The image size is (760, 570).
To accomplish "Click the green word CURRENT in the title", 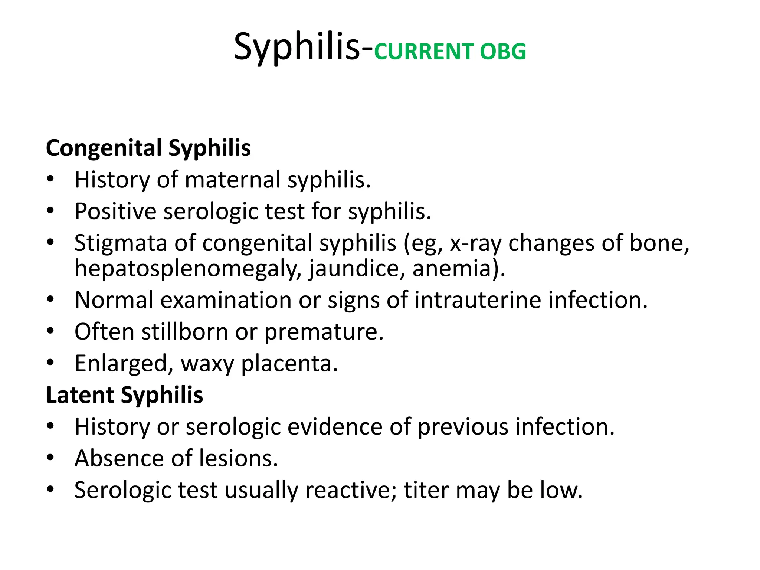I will pyautogui.click(x=423, y=52).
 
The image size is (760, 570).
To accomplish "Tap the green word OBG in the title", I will pyautogui.click(x=503, y=52).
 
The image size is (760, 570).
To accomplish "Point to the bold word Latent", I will pyautogui.click(x=80, y=395).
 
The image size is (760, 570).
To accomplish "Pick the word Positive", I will pyautogui.click(x=115, y=212).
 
